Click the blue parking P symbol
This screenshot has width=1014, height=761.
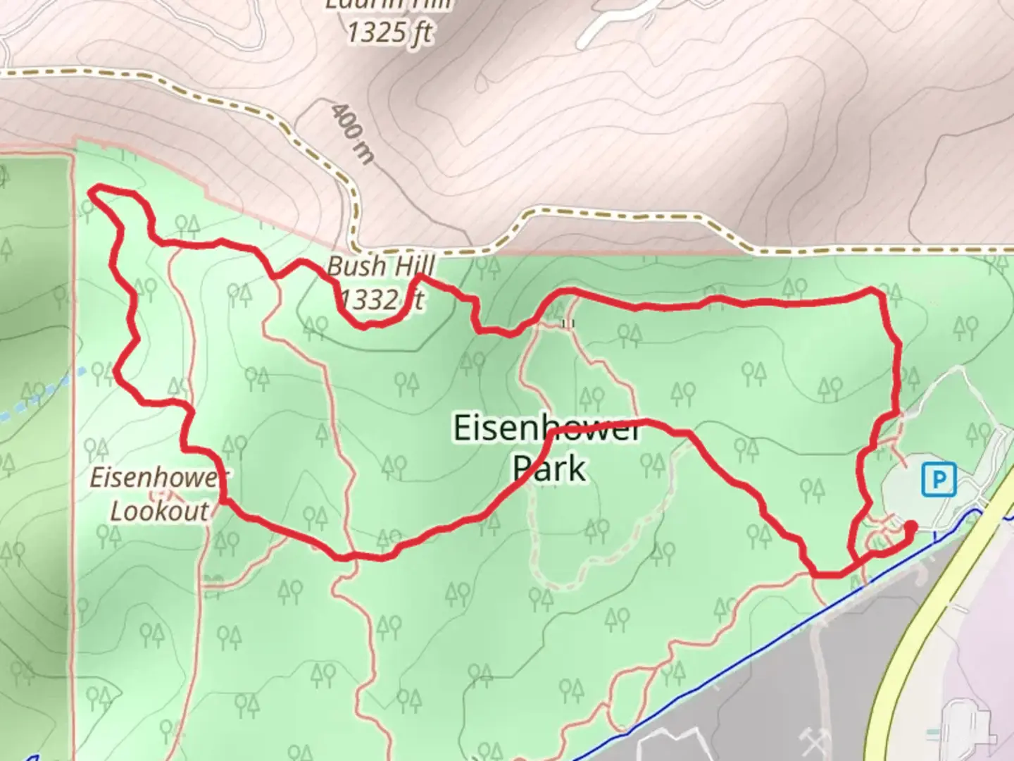click(939, 480)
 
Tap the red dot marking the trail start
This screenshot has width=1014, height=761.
click(910, 526)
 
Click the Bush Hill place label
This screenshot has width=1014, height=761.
click(381, 266)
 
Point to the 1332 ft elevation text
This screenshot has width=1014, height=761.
click(381, 299)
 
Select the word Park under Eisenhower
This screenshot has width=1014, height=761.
click(549, 468)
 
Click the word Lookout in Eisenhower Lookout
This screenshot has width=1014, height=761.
click(159, 511)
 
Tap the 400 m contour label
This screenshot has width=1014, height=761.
click(352, 132)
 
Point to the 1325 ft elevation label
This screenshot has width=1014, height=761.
click(389, 32)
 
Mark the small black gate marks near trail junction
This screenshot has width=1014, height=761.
click(568, 323)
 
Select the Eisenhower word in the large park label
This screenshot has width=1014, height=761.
click(546, 428)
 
